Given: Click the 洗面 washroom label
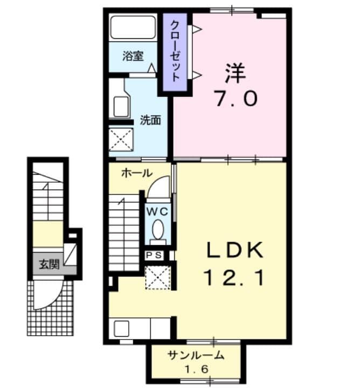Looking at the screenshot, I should pos(150,120).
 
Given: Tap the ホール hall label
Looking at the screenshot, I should pos(136,173).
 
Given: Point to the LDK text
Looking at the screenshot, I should pos(236,251).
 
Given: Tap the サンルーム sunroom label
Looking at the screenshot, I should pos(195,356).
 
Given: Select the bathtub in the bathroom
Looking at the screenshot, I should pos(133,29).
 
